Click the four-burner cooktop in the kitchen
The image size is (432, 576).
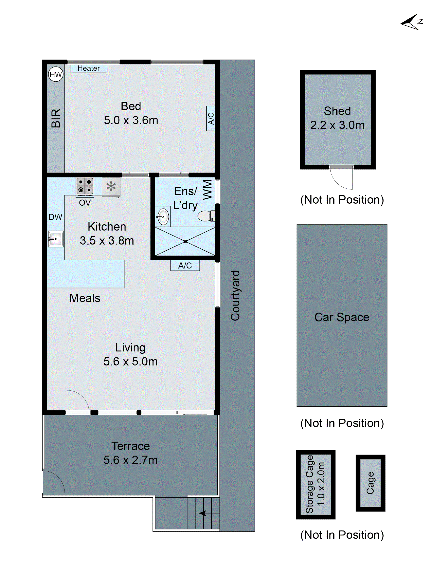[x=85, y=186]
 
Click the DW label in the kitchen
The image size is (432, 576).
[x=55, y=217]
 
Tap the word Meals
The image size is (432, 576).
[x=85, y=298]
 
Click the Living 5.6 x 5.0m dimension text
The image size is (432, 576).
[x=130, y=362]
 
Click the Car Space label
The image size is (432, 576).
[x=342, y=317]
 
